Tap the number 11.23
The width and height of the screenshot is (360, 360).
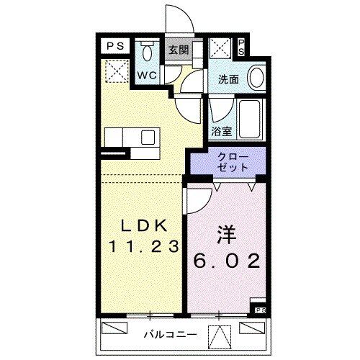(x=144, y=246)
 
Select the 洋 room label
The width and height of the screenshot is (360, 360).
(x=223, y=237)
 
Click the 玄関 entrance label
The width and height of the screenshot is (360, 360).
(x=179, y=50)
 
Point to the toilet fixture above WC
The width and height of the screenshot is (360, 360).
(x=147, y=53)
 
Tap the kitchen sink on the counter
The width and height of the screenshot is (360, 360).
(x=148, y=138)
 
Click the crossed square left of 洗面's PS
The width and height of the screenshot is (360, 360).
(x=220, y=49)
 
